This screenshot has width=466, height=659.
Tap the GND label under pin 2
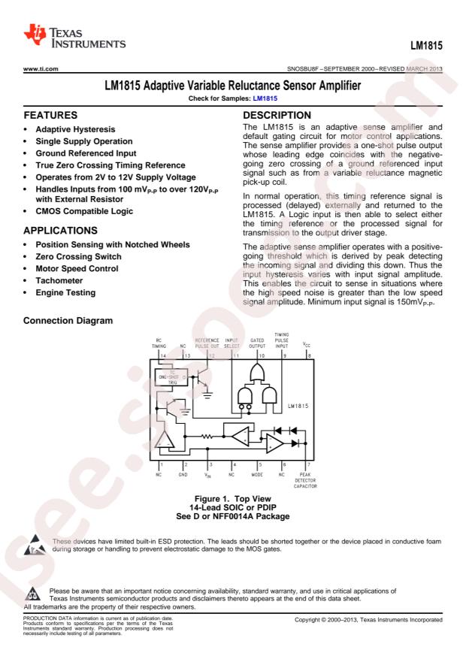tap(182, 475)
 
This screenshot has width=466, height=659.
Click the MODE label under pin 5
tap(260, 475)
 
